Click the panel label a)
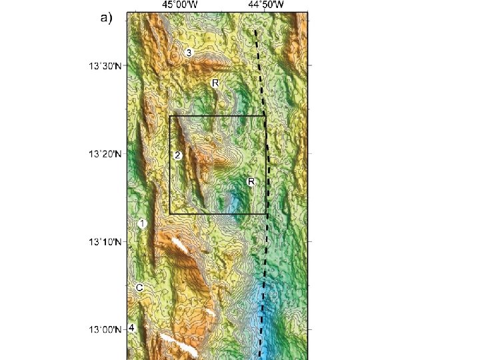tap(107, 19)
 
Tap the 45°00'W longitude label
tap(179, 5)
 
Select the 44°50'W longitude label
tap(266, 5)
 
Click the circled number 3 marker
tap(189, 53)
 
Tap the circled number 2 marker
tap(177, 155)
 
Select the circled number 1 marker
tap(142, 224)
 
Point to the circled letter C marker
tap(139, 287)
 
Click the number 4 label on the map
tap(132, 328)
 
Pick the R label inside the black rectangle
tap(251, 181)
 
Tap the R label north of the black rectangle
tap(215, 83)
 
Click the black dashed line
tap(265, 267)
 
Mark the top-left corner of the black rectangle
tap(170, 116)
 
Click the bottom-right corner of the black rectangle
tap(266, 213)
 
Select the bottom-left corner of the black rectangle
tap(170, 213)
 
